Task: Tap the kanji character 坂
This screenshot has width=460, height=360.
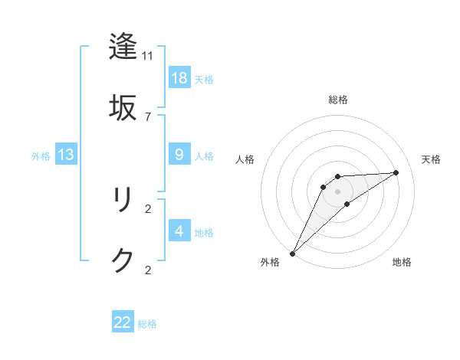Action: pyautogui.click(x=123, y=106)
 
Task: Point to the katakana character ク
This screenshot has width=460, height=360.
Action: pyautogui.click(x=123, y=260)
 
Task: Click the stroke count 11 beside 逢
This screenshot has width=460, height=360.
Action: pyautogui.click(x=148, y=56)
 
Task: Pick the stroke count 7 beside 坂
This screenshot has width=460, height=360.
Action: pyautogui.click(x=148, y=116)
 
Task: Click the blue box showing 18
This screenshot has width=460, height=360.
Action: pyautogui.click(x=179, y=78)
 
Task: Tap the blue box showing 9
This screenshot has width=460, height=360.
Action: pyautogui.click(x=179, y=155)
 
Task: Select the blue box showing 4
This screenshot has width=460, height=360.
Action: pyautogui.click(x=179, y=231)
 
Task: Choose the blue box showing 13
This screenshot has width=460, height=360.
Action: pyautogui.click(x=66, y=155)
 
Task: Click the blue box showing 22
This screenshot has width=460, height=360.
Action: pyautogui.click(x=123, y=322)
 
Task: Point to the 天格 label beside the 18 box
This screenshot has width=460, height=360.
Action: pyautogui.click(x=204, y=79)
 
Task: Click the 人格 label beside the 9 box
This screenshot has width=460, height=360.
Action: pyautogui.click(x=204, y=155)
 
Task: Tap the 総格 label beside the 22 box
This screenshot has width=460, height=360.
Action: pyautogui.click(x=147, y=323)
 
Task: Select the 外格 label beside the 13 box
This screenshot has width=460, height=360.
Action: pyautogui.click(x=41, y=155)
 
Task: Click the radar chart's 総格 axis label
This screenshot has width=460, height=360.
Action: pyautogui.click(x=338, y=100)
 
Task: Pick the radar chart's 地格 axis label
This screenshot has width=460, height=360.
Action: pyautogui.click(x=402, y=262)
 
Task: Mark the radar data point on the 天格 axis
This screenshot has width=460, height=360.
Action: pyautogui.click(x=396, y=172)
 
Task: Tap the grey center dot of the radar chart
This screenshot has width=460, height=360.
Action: pyautogui.click(x=338, y=191)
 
